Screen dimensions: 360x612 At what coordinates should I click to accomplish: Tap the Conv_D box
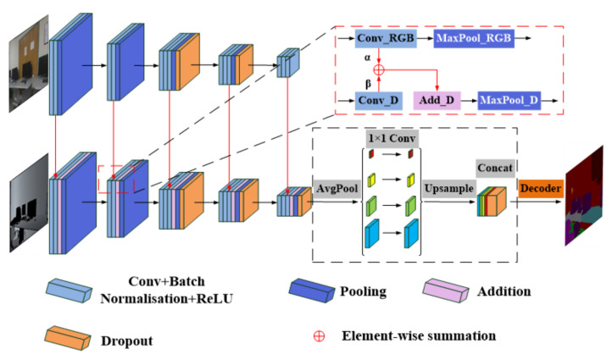click(x=378, y=100)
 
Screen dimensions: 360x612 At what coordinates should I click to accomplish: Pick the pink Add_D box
click(x=436, y=100)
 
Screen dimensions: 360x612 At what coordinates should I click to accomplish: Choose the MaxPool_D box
click(x=509, y=100)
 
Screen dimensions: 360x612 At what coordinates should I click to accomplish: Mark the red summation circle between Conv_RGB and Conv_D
click(x=379, y=69)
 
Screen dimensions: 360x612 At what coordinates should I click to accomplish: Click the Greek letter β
click(x=368, y=84)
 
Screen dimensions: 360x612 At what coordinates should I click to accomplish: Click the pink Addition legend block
click(x=445, y=292)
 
